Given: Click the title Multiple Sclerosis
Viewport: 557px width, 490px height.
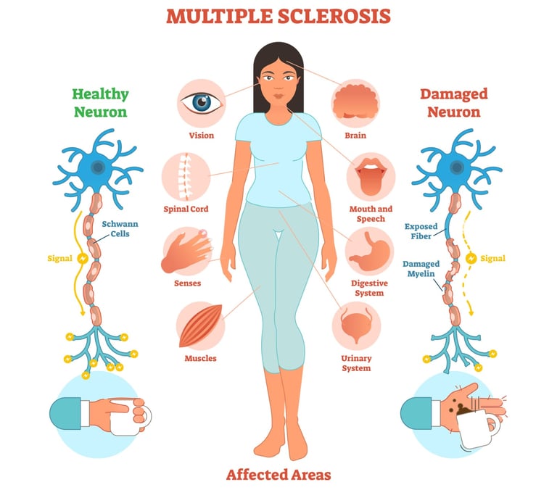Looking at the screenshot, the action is (278, 16).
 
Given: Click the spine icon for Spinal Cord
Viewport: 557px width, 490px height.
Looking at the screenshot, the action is (186, 176).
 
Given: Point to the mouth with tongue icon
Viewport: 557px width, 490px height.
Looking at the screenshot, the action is (370, 176).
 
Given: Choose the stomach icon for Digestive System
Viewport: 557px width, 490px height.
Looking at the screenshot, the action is (369, 251).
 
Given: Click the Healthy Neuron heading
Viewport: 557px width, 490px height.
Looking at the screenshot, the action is (100, 103).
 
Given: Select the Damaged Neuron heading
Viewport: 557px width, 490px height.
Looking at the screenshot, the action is (453, 103).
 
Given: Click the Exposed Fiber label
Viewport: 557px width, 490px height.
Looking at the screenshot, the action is (421, 231).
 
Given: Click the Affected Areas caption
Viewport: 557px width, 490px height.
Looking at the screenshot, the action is (278, 475).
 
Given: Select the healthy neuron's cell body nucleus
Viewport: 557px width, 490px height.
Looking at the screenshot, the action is (99, 167).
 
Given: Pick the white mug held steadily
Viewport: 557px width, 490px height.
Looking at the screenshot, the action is (139, 415).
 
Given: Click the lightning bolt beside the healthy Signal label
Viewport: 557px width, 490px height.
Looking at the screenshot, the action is (82, 257).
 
